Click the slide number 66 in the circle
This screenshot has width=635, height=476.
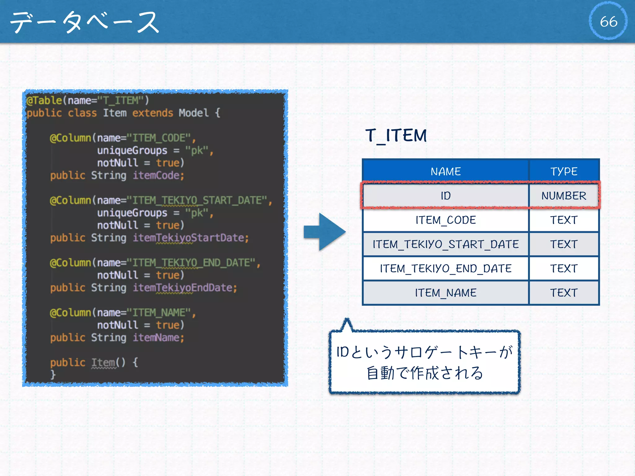pos(608,21)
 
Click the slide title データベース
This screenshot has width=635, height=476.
pos(85,22)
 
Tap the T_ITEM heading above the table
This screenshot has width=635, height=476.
pos(396,135)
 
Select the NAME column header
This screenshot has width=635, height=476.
pos(446,171)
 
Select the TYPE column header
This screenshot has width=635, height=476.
pos(564,171)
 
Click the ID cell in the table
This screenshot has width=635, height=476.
pos(446,196)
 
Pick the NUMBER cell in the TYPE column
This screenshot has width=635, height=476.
pos(564,196)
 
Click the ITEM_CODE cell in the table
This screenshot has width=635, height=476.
pos(446,220)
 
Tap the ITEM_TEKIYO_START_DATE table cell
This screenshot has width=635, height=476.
pos(446,244)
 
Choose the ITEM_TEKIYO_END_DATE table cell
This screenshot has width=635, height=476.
pos(446,268)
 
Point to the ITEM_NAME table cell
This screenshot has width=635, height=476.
pos(446,293)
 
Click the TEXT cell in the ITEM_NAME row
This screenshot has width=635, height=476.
pos(564,293)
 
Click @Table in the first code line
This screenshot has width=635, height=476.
pos(44,100)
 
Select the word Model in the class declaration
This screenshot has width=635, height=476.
pos(193,113)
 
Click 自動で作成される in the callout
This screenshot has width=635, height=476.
pos(424,373)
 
